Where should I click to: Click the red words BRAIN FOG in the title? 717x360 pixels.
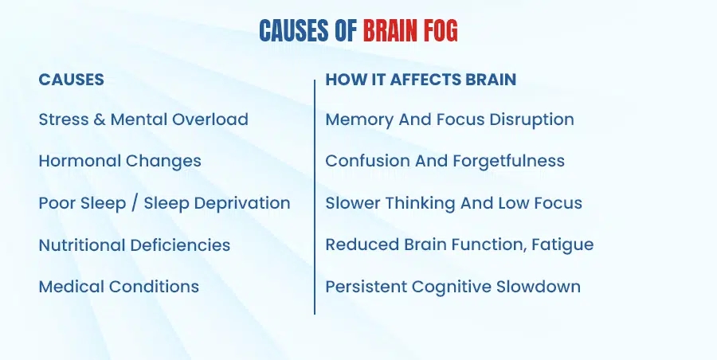pyautogui.click(x=410, y=31)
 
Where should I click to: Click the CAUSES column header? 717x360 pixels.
pyautogui.click(x=71, y=80)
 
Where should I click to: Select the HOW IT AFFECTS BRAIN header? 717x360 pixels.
pyautogui.click(x=421, y=80)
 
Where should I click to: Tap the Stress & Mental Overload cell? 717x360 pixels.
pyautogui.click(x=143, y=119)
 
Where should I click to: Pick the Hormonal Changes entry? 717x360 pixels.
pyautogui.click(x=119, y=161)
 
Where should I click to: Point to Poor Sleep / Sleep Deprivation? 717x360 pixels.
pyautogui.click(x=164, y=202)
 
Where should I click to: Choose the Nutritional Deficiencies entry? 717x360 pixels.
pyautogui.click(x=134, y=245)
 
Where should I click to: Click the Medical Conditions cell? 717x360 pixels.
pyautogui.click(x=119, y=286)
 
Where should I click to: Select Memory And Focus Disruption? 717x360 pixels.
pyautogui.click(x=449, y=119)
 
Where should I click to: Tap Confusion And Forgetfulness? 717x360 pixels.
pyautogui.click(x=445, y=161)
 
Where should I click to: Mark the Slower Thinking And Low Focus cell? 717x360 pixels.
pyautogui.click(x=453, y=202)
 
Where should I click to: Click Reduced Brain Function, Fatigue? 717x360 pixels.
pyautogui.click(x=459, y=245)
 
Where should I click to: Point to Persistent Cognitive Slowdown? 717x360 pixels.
pyautogui.click(x=453, y=286)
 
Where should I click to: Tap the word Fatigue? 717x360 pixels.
pyautogui.click(x=565, y=245)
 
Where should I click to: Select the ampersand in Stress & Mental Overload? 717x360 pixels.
pyautogui.click(x=99, y=119)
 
